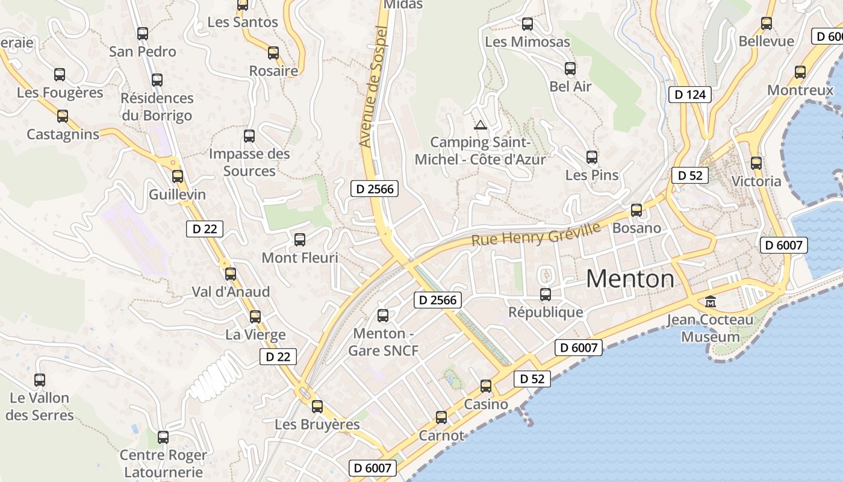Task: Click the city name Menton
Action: coord(630,278)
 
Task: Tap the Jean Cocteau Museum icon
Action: coord(711,301)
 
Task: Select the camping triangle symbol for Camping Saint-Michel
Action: coord(480,125)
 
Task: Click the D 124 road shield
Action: coord(690,95)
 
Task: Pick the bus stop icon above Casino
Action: coord(486,386)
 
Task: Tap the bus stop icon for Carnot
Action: coord(441,417)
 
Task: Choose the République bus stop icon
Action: coord(546,294)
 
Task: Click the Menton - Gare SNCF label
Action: coord(384,342)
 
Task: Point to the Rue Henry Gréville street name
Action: coord(536,234)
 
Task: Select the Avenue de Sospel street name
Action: coord(372,86)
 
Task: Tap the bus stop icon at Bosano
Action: coord(636,210)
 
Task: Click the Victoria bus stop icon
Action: coord(756,163)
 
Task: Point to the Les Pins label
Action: coord(592,175)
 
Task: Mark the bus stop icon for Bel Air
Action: coord(570,69)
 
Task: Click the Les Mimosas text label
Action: coord(527,42)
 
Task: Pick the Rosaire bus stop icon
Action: coord(273,53)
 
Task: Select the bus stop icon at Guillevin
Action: coord(178,177)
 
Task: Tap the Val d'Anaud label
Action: coord(231,292)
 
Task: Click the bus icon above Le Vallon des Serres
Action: coord(40,380)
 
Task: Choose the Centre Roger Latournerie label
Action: coord(163,463)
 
